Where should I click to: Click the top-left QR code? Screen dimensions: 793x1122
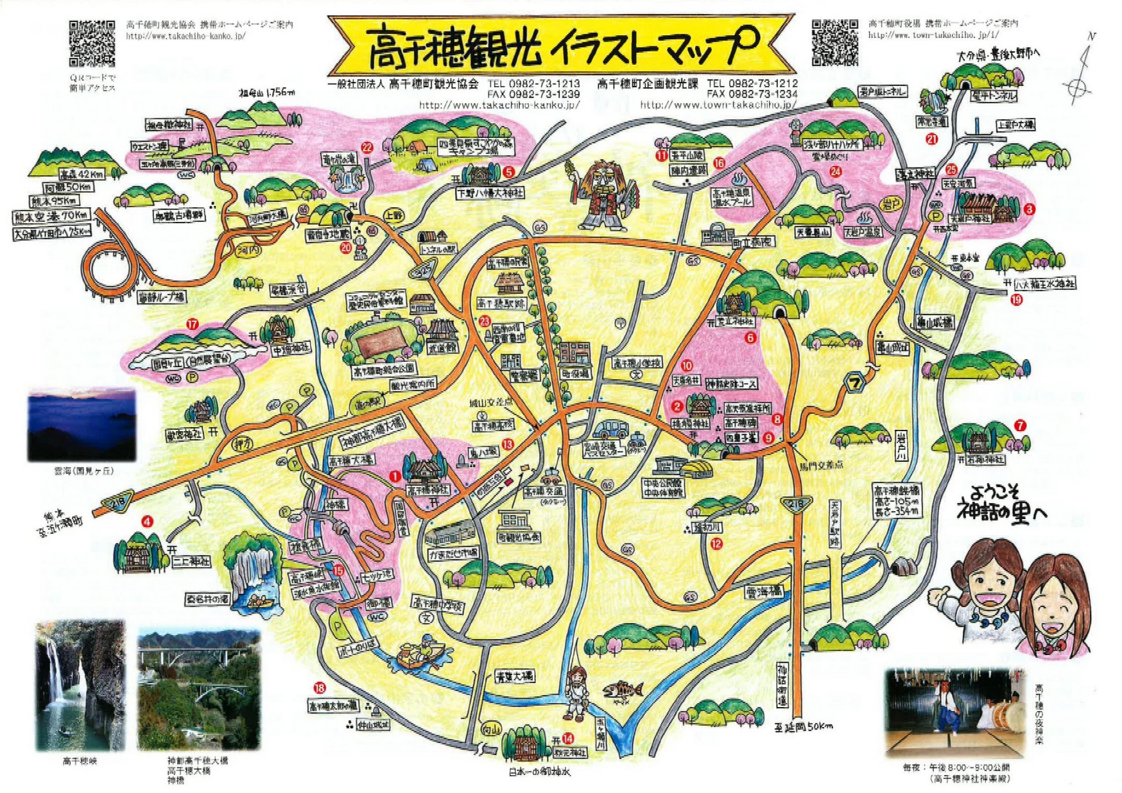tap(92, 42)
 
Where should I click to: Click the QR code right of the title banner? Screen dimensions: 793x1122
tap(834, 42)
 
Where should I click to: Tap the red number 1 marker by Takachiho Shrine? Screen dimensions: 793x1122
tap(395, 476)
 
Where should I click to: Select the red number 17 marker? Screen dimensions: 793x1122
tap(191, 324)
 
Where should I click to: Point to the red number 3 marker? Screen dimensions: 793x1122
tap(1030, 209)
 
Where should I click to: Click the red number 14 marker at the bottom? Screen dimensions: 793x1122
tap(567, 738)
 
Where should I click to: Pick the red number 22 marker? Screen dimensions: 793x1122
tap(367, 148)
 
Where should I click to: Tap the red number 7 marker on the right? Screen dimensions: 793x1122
tap(1020, 425)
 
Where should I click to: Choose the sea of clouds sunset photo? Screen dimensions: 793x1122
tap(82, 424)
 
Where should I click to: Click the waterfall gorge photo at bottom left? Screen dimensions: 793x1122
tap(80, 685)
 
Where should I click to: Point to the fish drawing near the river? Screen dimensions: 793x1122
tap(623, 690)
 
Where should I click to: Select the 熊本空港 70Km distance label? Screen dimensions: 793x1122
tap(51, 216)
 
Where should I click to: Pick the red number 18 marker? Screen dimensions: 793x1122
tap(320, 688)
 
